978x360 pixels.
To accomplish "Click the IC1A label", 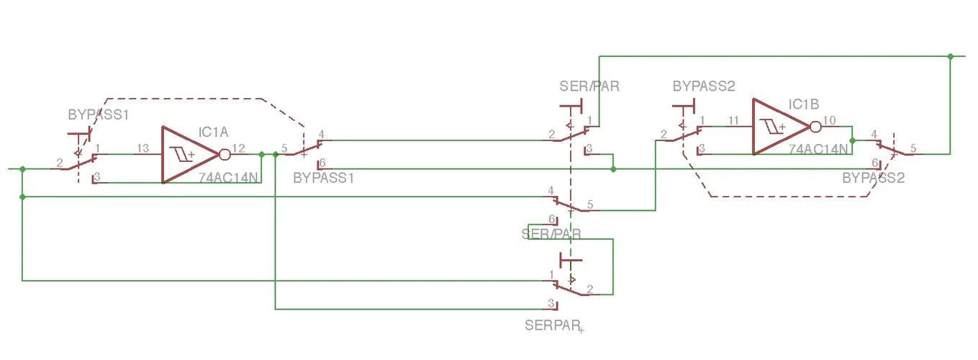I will click(x=214, y=132).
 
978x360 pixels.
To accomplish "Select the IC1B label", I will click(x=804, y=104).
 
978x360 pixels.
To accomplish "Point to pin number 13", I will click(x=142, y=148).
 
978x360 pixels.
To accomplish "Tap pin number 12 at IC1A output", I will click(x=239, y=148).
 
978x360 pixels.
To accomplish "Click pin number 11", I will click(x=733, y=120).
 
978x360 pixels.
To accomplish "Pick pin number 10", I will click(x=830, y=120).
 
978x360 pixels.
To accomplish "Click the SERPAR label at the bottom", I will click(x=552, y=325).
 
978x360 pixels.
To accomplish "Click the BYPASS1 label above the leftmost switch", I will click(x=98, y=114).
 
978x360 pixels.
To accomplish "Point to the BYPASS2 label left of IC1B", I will click(x=704, y=86).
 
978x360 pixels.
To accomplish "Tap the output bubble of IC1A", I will click(x=225, y=155).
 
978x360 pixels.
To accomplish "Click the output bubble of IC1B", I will click(x=815, y=127).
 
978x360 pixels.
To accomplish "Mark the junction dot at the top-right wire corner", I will click(x=951, y=56).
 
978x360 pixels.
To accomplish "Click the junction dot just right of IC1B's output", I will click(x=852, y=140).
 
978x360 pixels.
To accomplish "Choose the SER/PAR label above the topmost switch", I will click(x=589, y=86).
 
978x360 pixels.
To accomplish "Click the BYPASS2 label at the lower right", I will click(x=873, y=178).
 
